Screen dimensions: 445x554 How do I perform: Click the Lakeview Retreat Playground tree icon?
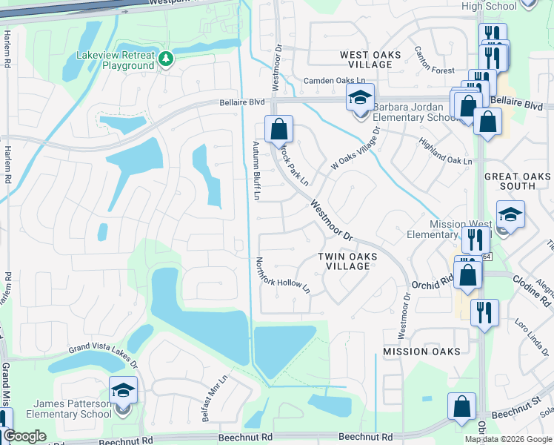click(167, 59)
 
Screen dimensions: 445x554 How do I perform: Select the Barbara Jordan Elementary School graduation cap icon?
click(360, 99)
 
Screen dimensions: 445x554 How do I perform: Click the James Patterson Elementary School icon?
click(124, 391)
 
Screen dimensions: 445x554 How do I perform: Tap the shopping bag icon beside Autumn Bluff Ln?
click(278, 130)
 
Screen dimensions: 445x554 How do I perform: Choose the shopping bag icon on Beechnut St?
click(461, 407)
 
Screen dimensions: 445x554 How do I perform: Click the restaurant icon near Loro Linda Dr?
click(484, 311)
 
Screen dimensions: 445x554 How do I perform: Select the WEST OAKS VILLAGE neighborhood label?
click(365, 60)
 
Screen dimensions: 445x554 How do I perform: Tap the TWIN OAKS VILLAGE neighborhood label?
click(347, 261)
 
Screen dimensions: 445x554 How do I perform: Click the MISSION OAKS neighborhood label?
click(421, 351)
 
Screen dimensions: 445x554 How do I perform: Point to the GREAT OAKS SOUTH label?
click(518, 181)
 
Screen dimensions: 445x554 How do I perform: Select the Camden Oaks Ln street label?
click(334, 80)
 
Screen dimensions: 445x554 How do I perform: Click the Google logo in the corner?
click(24, 436)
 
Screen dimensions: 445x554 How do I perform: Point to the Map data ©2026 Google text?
click(509, 439)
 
